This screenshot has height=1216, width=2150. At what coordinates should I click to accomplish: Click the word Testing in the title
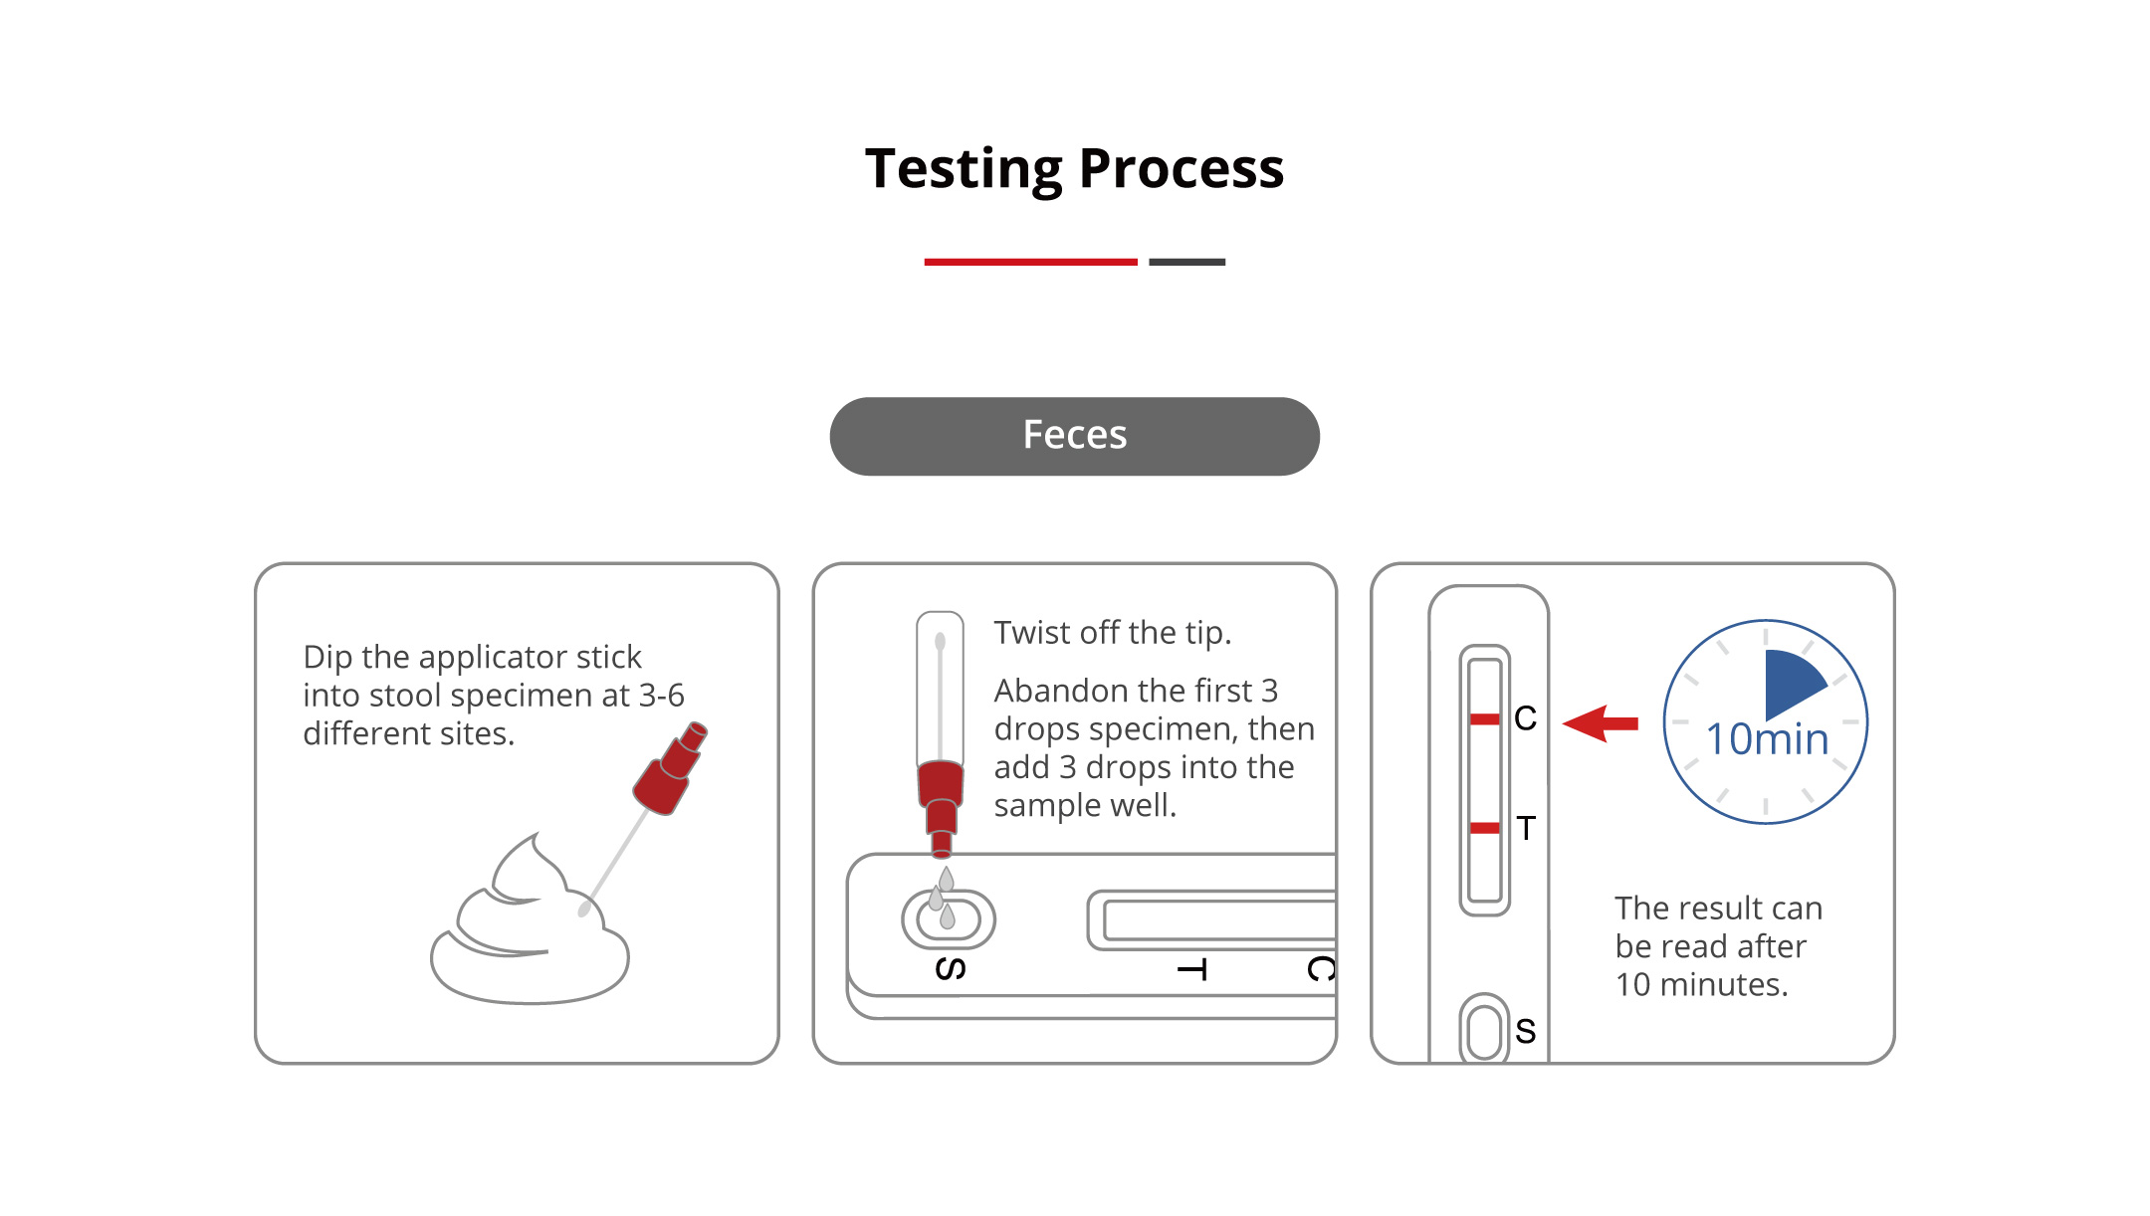click(964, 169)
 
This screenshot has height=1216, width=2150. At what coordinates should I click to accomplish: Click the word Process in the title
click(1182, 168)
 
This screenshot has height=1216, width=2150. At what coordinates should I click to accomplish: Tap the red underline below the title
click(1030, 262)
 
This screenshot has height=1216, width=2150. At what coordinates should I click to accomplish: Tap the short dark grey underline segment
click(1186, 262)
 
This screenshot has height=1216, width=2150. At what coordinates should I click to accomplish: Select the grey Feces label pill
click(1075, 436)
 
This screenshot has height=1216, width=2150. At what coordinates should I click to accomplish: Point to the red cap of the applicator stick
click(670, 768)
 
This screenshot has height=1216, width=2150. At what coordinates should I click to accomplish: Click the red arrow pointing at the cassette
click(1601, 723)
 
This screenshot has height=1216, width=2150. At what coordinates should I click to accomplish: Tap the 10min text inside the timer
click(1767, 739)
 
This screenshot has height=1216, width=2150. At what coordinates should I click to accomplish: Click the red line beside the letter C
click(1484, 718)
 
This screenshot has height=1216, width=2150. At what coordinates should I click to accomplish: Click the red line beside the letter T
click(1484, 828)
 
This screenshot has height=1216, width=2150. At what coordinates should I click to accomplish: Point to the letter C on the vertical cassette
click(1525, 718)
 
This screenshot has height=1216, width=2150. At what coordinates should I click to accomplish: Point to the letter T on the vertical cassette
click(1526, 828)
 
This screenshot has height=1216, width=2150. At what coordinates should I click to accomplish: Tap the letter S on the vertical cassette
click(1525, 1032)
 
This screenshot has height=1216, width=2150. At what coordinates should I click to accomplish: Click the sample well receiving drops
click(949, 918)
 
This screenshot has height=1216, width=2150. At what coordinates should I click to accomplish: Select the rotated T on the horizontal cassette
click(1192, 970)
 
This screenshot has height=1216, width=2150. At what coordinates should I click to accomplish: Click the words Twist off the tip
click(1113, 633)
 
